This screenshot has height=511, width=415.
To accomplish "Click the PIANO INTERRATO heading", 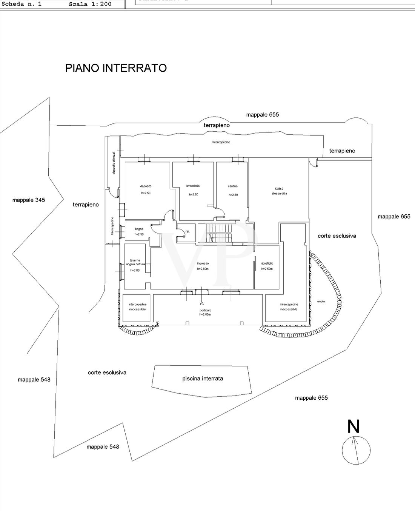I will coord(116,68).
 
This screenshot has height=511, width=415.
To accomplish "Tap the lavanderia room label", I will coord(193,186).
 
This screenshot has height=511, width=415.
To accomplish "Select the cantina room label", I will coord(233,186).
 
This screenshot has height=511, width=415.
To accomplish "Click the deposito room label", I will coord(146,186).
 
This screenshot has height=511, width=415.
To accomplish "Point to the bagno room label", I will coord(139,229).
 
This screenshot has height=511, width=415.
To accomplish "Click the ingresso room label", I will coord(203,264).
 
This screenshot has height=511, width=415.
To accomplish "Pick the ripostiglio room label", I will coord(267,263).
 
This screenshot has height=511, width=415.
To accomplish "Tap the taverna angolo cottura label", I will coord(135,262).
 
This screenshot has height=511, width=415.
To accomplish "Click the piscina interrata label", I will coord(203,379).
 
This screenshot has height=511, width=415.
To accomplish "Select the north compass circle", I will coord(356,450).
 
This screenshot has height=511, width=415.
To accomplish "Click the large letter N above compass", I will coord(353,427).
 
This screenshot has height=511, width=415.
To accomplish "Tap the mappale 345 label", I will coord(28,200).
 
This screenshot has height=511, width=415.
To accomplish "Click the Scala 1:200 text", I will coord(90,5).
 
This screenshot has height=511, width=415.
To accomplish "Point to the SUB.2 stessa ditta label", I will coord(279,191).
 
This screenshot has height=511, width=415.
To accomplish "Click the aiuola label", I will coord(321,302).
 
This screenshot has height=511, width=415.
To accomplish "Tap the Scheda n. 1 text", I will coord(22,5).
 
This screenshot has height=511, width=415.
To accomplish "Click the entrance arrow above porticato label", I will coord(202,302).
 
